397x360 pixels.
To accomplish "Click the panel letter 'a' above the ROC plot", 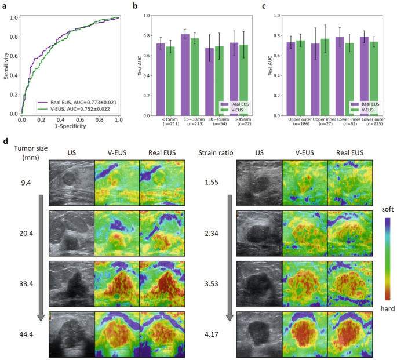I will pyautogui.click(x=5, y=6).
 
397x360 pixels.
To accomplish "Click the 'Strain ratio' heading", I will pyautogui.click(x=215, y=153).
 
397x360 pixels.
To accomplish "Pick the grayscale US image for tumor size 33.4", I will pyautogui.click(x=71, y=285).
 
